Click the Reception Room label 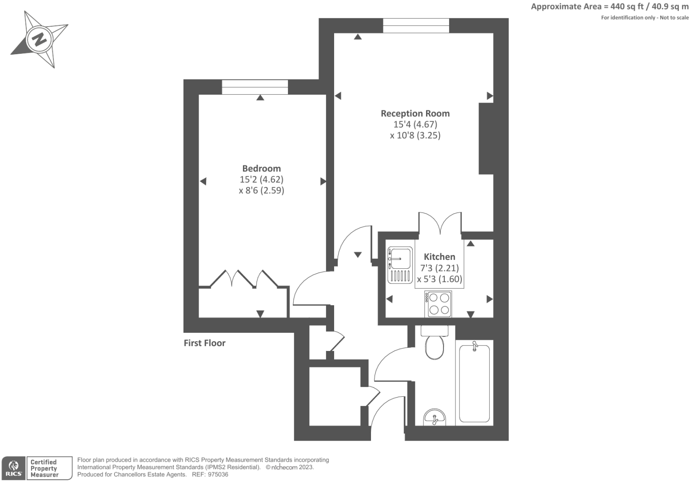pos(415,113)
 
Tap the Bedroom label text pos(261,168)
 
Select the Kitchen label pos(439,257)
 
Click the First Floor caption pos(204,343)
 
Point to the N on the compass pos(40,39)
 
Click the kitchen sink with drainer pos(400,265)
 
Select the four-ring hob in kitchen pos(438,304)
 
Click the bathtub pos(474,383)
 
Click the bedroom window pos(255,87)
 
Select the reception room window pos(416,26)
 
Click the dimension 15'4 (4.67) pos(415,124)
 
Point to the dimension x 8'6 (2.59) pos(261,190)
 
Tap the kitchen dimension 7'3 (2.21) pos(439,268)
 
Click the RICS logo pos(13,468)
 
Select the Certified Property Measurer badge pos(49,468)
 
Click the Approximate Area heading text pos(610,7)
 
